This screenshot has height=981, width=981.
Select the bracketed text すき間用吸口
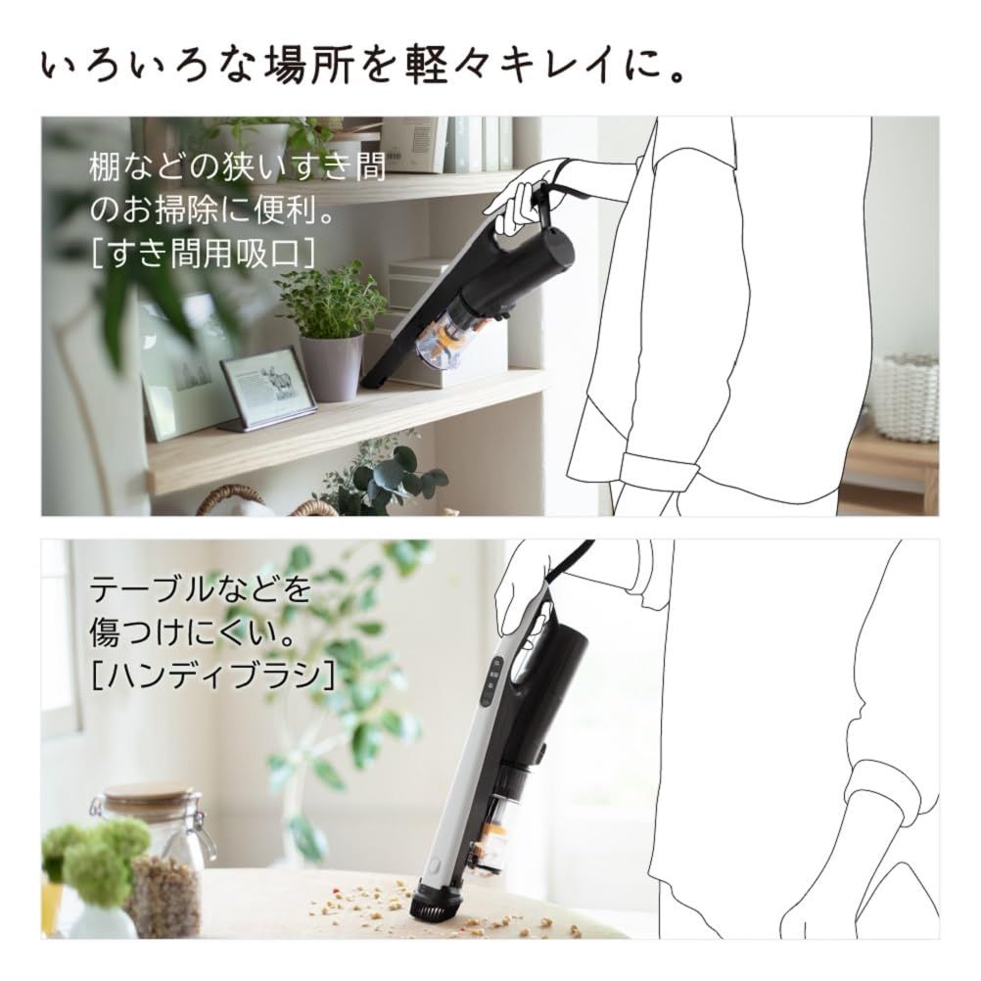tap(204, 253)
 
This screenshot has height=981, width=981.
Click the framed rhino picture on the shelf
tap(267, 388)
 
